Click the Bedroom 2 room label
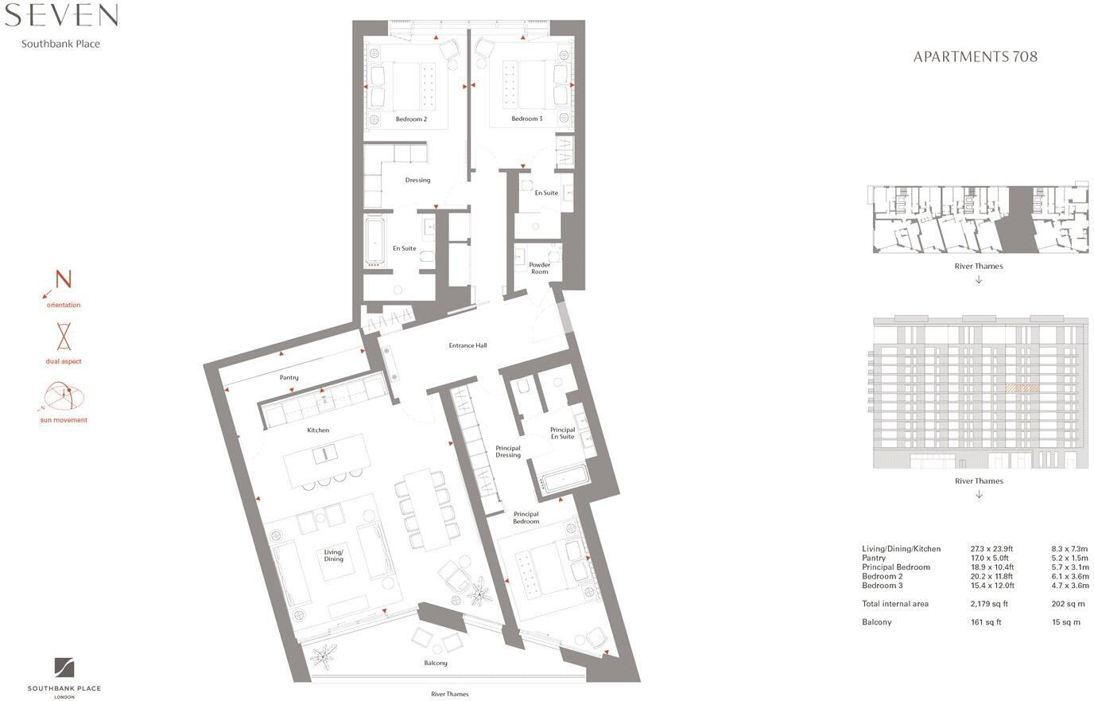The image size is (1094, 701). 411,119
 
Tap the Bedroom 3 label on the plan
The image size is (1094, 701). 526,119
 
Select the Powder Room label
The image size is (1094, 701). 539,268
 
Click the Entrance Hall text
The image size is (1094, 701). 467,345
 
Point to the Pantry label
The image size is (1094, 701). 289,377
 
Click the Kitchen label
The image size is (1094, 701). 318,430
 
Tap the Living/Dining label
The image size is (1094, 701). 334,555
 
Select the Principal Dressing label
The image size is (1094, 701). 508,451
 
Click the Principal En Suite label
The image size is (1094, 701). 562,433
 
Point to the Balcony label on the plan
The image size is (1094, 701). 436,663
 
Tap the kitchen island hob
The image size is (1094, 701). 324,454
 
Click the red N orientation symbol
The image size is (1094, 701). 63,280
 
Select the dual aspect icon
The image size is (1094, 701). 64,337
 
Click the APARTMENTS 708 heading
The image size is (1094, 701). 975,56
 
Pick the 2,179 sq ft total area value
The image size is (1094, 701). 989,604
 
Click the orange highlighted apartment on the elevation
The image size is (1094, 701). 1022,389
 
